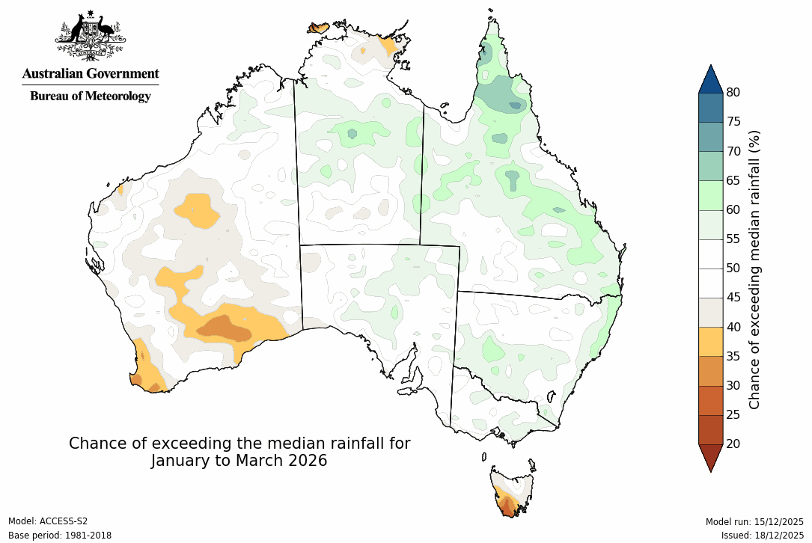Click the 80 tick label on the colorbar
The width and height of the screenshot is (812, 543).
point(733,93)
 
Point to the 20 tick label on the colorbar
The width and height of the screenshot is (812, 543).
point(733,444)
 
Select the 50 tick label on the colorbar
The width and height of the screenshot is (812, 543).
point(733,269)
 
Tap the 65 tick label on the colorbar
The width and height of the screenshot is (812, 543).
point(733,180)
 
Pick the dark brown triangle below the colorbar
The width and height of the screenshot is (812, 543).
point(710,457)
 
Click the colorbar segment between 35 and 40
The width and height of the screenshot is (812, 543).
point(710,342)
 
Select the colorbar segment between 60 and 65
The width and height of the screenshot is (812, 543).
point(710,195)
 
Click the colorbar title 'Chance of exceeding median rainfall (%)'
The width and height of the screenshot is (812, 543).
point(754,269)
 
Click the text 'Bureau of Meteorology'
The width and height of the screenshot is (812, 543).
point(91,96)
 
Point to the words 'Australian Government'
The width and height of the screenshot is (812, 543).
point(91,73)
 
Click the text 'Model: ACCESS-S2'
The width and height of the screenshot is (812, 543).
point(48,521)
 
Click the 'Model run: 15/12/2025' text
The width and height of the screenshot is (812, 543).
point(754,521)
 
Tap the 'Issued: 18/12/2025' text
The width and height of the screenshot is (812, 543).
point(762,536)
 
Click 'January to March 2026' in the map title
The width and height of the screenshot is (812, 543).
point(239,461)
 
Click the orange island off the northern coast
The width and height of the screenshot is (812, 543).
point(318,28)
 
